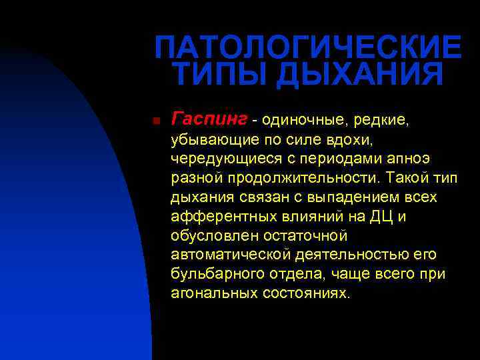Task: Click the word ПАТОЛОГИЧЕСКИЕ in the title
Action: (307, 47)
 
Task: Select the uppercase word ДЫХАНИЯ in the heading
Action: (359, 75)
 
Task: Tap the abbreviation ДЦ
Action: (380, 217)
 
